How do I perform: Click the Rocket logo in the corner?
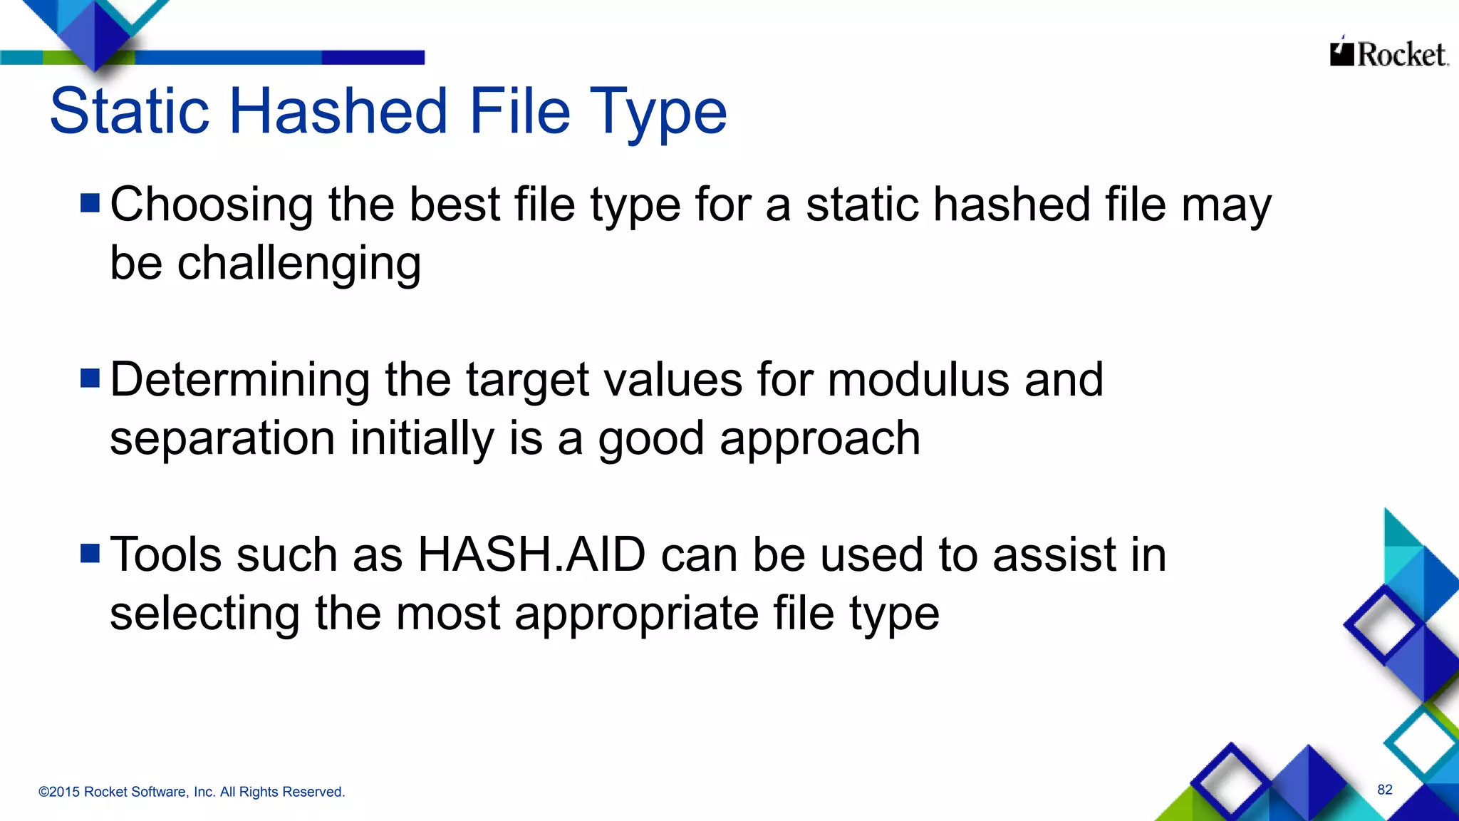[x=1388, y=53]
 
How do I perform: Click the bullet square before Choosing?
[x=90, y=204]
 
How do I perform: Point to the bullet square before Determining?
[x=90, y=378]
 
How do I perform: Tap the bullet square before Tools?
[x=90, y=554]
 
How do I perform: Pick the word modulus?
[x=918, y=379]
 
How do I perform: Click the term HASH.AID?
[x=531, y=554]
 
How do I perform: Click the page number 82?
[x=1384, y=790]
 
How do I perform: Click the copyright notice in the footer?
[x=192, y=792]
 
